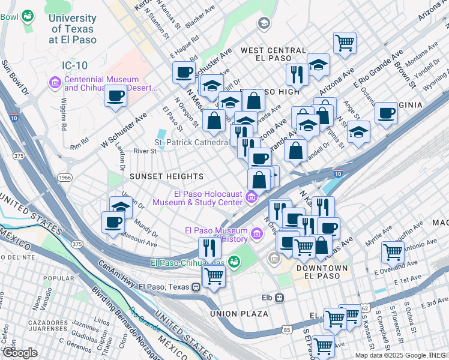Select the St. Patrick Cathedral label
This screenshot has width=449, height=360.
point(191,143)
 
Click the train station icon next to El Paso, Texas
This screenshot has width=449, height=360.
point(196,287)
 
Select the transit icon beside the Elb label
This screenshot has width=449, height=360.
point(280,297)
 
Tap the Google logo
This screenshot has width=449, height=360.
point(20,353)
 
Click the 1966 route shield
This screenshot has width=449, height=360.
point(65,178)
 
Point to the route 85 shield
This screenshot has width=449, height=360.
point(287,329)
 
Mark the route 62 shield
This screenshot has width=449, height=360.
point(364,308)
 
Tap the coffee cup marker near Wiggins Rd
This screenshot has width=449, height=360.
point(116,95)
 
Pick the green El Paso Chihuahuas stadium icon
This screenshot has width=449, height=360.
point(234,262)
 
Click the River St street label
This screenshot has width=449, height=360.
point(145,151)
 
